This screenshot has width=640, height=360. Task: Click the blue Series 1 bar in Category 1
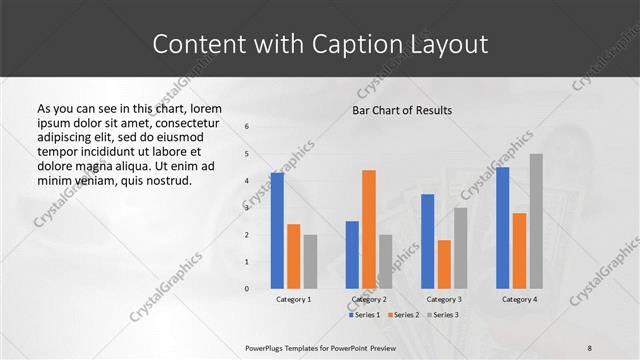click(x=277, y=231)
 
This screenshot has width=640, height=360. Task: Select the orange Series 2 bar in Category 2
click(x=369, y=229)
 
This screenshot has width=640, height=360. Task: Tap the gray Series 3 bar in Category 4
click(x=536, y=221)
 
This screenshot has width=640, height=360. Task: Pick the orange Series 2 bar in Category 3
click(x=444, y=264)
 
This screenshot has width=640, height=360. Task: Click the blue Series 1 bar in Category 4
click(x=502, y=228)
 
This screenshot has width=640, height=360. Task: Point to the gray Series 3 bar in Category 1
click(x=310, y=262)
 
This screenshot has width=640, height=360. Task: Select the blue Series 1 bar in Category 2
click(x=352, y=255)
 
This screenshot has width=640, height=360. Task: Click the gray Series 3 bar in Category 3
click(x=461, y=248)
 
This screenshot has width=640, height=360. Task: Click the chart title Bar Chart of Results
click(x=402, y=110)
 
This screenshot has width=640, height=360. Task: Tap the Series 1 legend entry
click(x=364, y=315)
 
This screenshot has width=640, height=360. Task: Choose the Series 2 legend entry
click(x=402, y=315)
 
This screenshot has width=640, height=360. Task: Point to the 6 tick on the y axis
click(x=247, y=127)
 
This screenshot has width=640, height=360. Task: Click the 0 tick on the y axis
click(x=247, y=289)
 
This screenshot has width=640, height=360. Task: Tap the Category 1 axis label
click(x=293, y=299)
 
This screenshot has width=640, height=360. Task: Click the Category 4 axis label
click(x=519, y=299)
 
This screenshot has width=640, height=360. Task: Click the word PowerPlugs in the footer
click(x=268, y=347)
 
